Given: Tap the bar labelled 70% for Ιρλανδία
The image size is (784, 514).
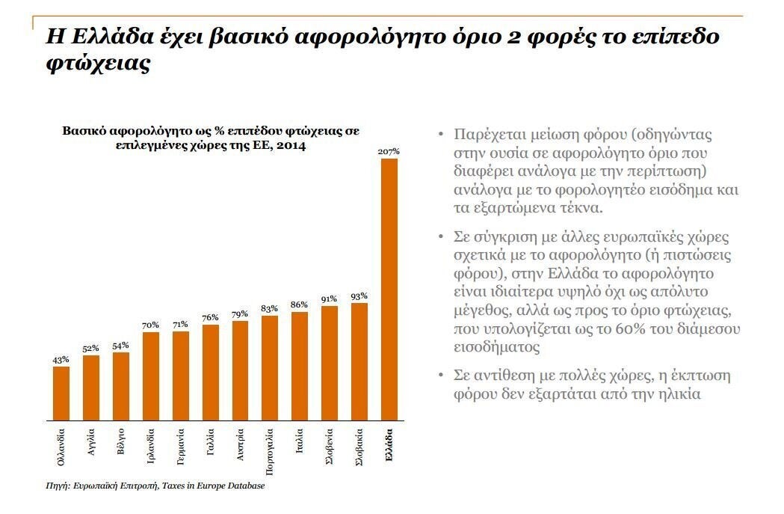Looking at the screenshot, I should [151, 376].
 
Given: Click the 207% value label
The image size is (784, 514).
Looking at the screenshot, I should [389, 151].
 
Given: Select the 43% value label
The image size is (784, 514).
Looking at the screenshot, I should [61, 360].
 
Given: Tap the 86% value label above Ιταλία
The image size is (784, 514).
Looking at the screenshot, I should [300, 305].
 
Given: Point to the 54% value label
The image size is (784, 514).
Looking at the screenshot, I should [121, 345].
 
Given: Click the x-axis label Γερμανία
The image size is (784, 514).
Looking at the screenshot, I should [180, 447].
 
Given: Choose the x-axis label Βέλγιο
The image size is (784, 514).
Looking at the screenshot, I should [121, 441].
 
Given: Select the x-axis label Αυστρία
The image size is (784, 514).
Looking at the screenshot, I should [240, 444].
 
